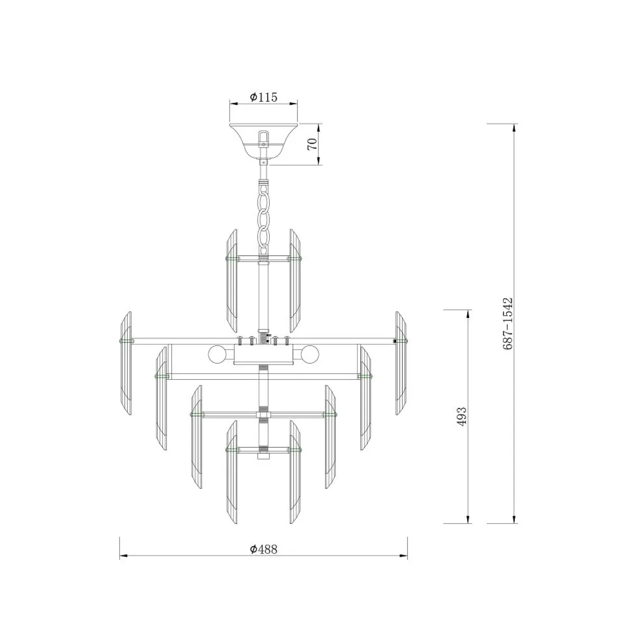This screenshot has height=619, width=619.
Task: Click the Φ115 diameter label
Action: tap(263, 97)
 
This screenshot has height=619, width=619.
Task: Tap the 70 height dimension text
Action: tap(312, 144)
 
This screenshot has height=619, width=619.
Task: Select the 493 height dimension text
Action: tap(461, 416)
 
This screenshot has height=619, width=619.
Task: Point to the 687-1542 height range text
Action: tap(507, 323)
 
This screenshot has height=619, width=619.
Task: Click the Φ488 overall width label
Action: tap(263, 549)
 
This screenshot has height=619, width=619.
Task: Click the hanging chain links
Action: tap(263, 217)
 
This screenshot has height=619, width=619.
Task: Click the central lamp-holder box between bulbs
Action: tap(263, 354)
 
